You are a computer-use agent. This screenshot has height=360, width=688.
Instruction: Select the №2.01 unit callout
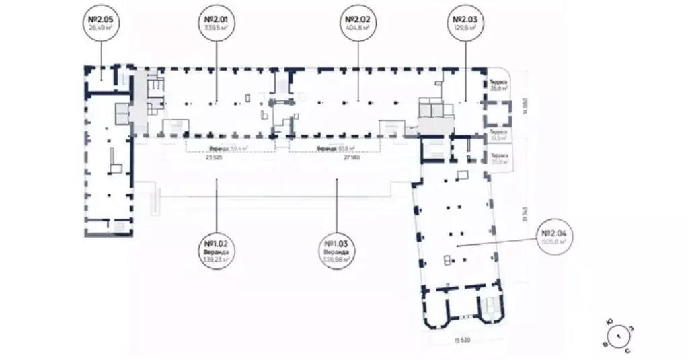click(217, 24)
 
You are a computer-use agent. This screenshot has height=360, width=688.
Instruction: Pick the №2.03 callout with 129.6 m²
click(465, 24)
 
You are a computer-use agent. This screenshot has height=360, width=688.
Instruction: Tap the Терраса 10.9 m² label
click(498, 135)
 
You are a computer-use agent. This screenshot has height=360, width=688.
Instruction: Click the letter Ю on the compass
click(609, 322)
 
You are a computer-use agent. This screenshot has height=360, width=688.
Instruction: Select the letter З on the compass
click(629, 328)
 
